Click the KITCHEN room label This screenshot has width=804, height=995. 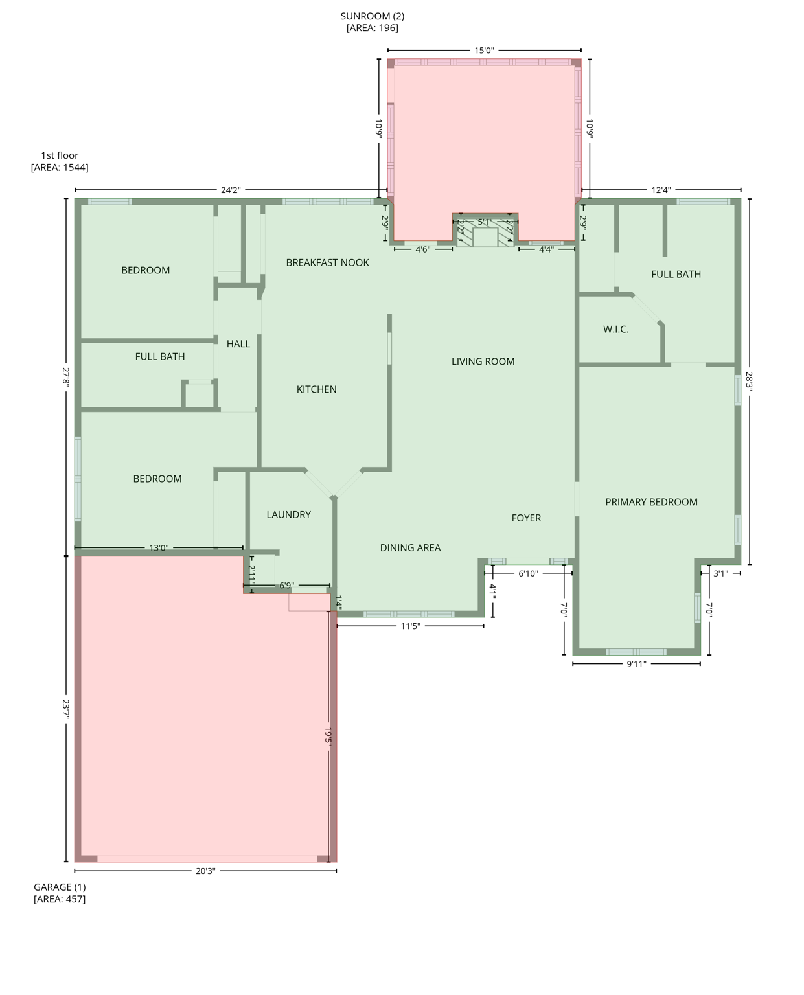tap(316, 389)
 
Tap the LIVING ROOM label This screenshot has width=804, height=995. tap(483, 361)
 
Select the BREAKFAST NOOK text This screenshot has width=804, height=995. tap(327, 262)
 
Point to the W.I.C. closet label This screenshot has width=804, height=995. tap(615, 329)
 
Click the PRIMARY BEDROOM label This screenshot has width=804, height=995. tap(651, 502)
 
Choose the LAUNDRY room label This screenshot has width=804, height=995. tap(288, 514)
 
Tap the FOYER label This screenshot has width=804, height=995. tap(525, 518)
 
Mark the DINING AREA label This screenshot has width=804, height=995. tap(410, 547)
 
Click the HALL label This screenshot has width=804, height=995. tap(238, 344)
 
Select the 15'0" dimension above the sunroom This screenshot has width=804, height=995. tap(484, 51)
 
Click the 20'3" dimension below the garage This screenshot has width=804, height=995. tap(205, 871)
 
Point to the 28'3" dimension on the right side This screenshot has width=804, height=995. tap(749, 381)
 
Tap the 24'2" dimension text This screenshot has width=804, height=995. tap(231, 190)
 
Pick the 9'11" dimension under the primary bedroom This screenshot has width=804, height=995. tap(636, 664)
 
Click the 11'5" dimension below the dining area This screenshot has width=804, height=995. tap(410, 626)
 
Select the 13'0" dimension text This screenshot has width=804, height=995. tap(159, 548)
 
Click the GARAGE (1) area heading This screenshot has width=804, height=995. tap(60, 887)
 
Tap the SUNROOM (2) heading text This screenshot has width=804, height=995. tap(372, 16)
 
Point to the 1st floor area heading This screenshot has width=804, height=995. tap(60, 155)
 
